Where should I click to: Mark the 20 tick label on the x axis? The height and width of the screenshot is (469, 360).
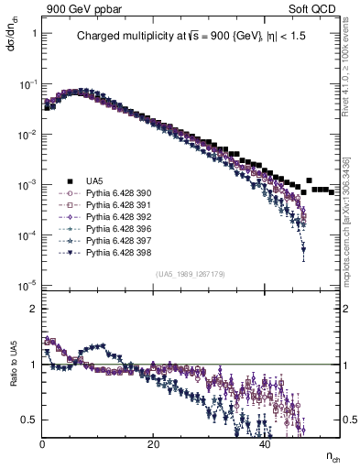tap(153, 444)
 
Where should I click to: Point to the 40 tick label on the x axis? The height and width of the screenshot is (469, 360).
tap(264, 444)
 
